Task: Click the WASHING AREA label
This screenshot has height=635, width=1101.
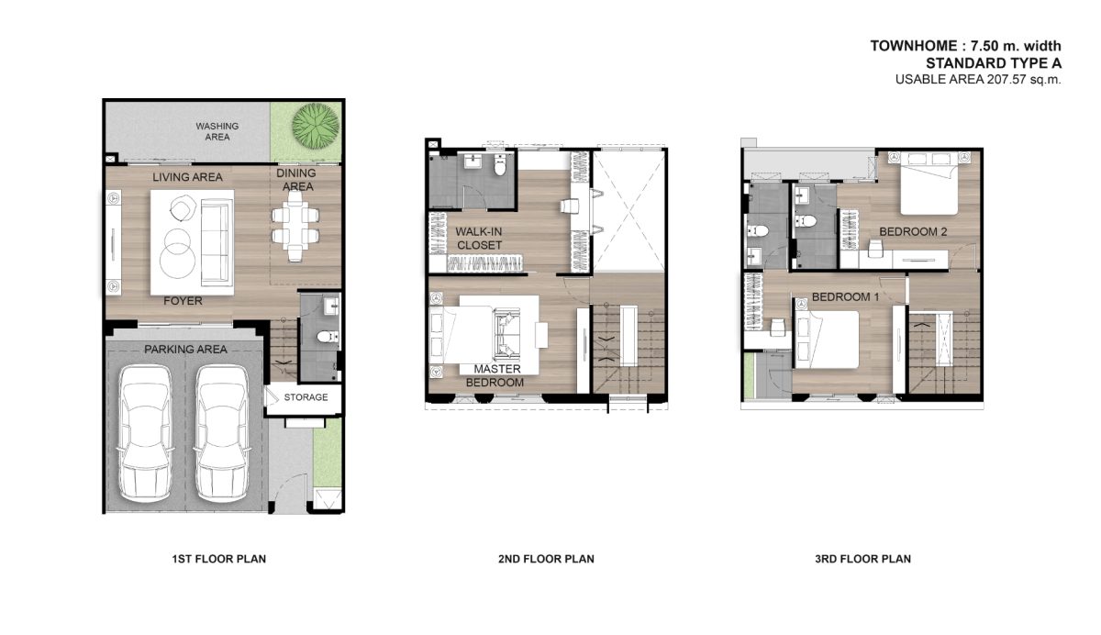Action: coord(217,131)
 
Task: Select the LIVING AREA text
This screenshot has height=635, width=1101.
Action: coord(187,177)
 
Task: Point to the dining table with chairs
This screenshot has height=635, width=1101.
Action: coord(295,226)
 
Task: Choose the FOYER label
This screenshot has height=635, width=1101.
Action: coord(183,301)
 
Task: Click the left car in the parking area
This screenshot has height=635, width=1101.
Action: coord(146,433)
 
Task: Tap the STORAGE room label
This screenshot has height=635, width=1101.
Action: coord(306,397)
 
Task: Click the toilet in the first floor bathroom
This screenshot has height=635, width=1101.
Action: coord(326,337)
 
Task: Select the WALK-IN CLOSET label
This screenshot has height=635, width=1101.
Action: coord(479,239)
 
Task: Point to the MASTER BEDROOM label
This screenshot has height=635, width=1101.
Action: coord(495,375)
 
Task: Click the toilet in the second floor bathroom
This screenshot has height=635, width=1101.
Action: coord(500,165)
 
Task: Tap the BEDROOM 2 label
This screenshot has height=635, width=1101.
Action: coord(913,231)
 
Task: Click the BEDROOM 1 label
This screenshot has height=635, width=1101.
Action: coord(845,297)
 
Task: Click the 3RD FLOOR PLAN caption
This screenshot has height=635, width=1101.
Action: coord(863,559)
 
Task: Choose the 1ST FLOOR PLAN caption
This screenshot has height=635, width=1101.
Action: coord(218,559)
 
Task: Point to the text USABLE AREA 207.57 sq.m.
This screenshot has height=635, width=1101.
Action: coord(978,79)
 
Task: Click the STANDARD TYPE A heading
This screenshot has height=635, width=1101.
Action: coord(994,63)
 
